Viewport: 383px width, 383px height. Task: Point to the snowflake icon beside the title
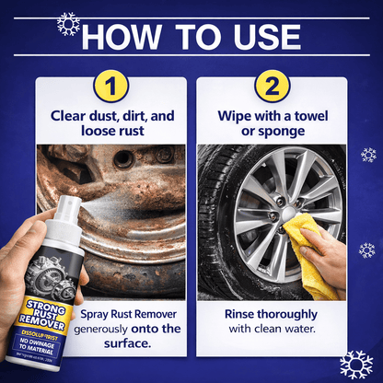68,22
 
